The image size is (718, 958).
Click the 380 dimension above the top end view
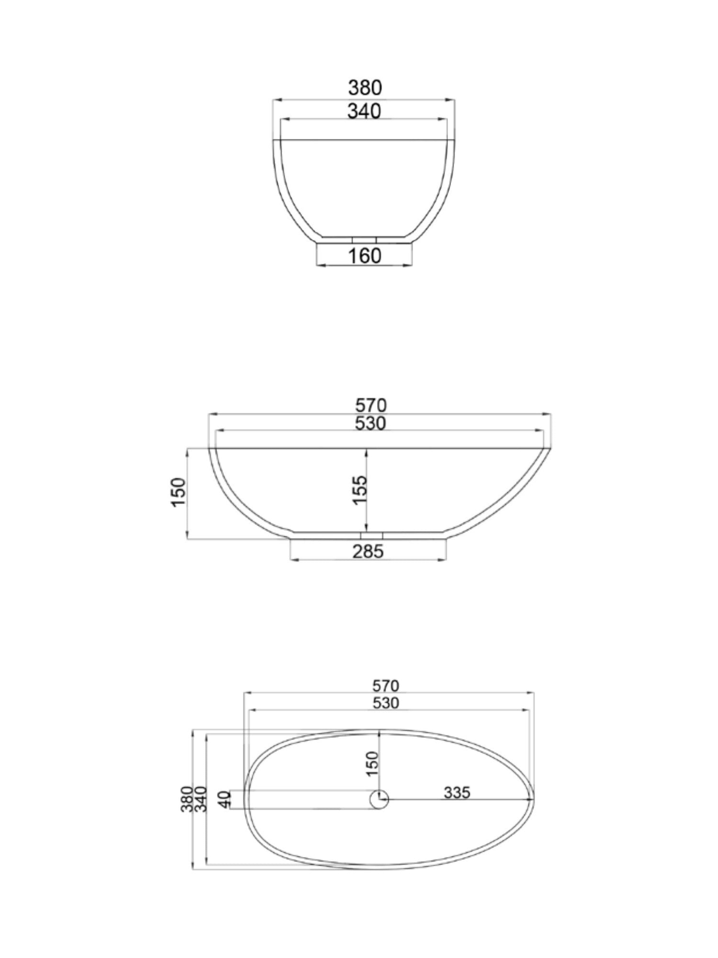365,88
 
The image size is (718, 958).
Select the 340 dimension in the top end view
364,111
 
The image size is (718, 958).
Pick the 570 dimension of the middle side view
370,406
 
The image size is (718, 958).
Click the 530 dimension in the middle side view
370,423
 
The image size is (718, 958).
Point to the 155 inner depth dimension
360,489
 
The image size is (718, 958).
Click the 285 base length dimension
369,552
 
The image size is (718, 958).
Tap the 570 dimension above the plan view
386,686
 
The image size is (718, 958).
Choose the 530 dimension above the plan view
386,703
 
